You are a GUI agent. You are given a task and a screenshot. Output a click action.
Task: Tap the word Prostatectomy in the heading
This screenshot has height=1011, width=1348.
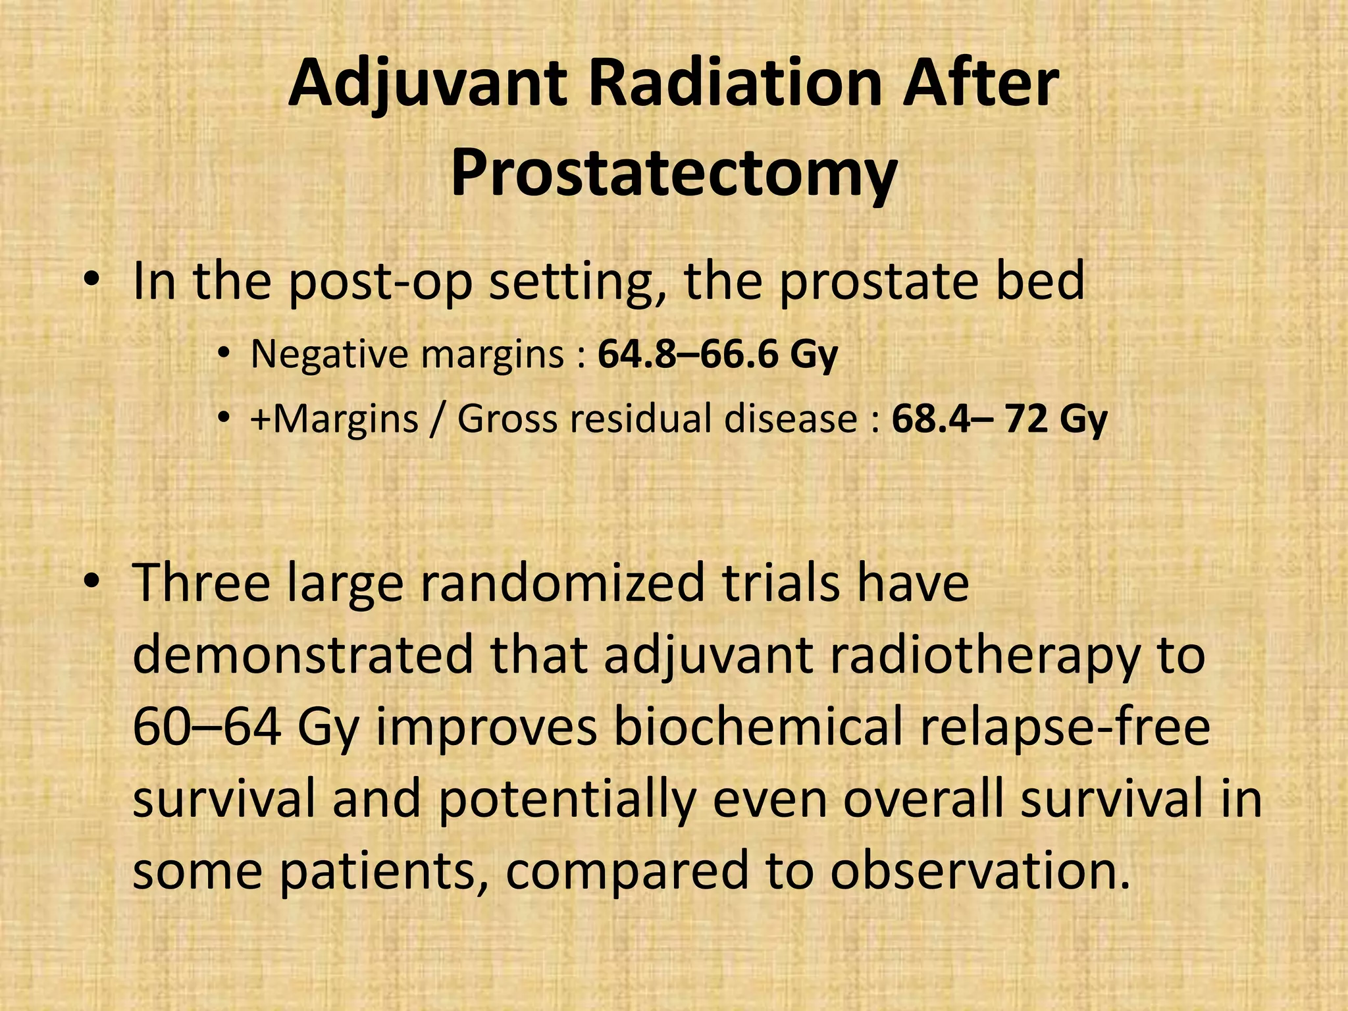pos(673,175)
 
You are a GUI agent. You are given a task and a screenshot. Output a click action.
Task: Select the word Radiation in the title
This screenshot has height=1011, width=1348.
pos(736,84)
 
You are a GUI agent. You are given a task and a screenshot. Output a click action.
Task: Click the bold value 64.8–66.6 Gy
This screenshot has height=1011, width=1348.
pos(717,354)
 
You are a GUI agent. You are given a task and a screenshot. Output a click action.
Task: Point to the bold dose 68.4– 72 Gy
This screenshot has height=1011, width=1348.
pos(999,419)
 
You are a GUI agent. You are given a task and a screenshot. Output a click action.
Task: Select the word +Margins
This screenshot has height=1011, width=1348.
pos(334,419)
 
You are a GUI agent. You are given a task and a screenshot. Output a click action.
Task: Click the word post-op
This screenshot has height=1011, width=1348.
pos(380,282)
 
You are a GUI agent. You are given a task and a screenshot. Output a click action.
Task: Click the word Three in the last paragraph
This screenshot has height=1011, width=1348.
pos(201,583)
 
